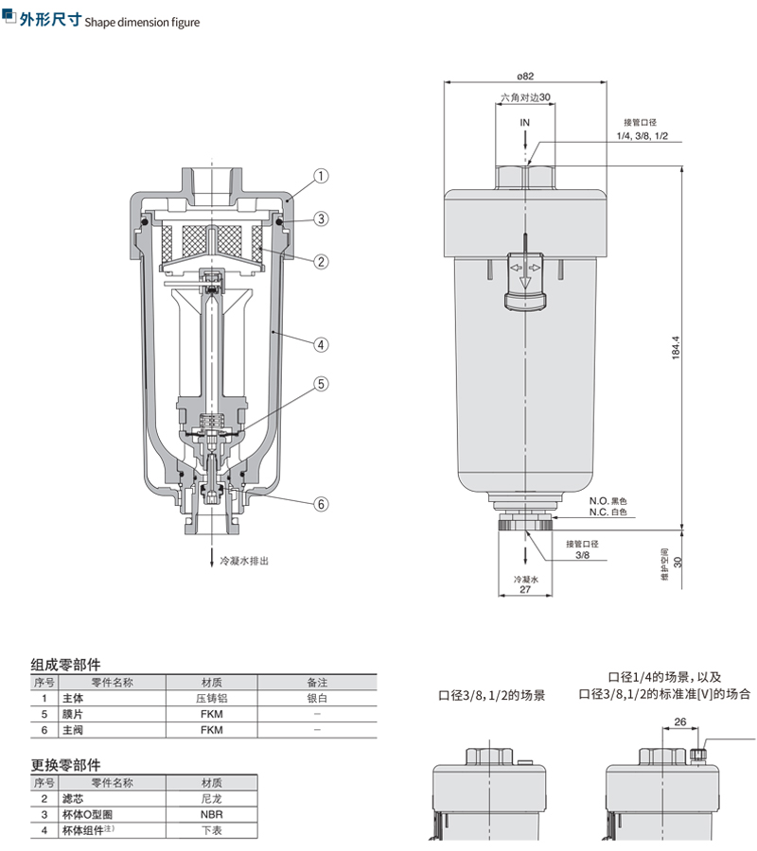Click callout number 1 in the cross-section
coord(321,176)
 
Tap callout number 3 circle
coord(321,218)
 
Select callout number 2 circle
coord(321,261)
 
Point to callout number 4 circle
coord(321,345)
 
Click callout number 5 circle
coord(321,384)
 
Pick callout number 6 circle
coord(321,504)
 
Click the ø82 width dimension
coord(526,76)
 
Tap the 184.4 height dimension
coord(675,346)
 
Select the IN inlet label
coord(525,123)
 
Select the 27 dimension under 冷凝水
coord(525,589)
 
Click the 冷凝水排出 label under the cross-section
coord(244,561)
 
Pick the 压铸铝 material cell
coord(211,698)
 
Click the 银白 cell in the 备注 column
coord(317,698)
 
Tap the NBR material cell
coord(211,813)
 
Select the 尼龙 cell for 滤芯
coord(211,798)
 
